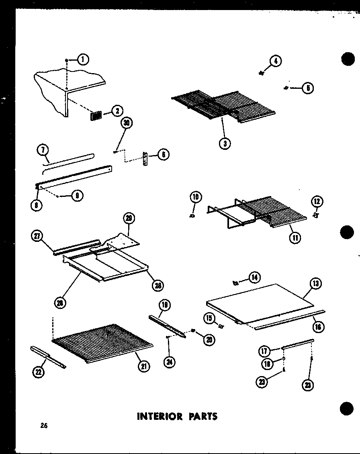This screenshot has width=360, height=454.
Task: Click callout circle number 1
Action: click(x=83, y=60)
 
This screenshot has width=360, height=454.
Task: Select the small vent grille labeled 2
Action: click(x=96, y=115)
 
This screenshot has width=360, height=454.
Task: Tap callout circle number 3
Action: click(x=225, y=143)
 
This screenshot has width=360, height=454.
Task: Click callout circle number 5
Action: click(x=307, y=88)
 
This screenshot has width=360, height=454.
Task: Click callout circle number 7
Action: click(x=43, y=151)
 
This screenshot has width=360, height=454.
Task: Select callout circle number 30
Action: click(x=126, y=123)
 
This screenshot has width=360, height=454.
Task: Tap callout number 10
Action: click(x=196, y=198)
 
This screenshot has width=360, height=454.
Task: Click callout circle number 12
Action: click(x=317, y=201)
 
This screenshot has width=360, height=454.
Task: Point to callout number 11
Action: click(x=295, y=238)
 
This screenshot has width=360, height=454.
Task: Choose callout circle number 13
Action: click(x=315, y=284)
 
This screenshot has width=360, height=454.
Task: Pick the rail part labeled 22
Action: click(x=47, y=356)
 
